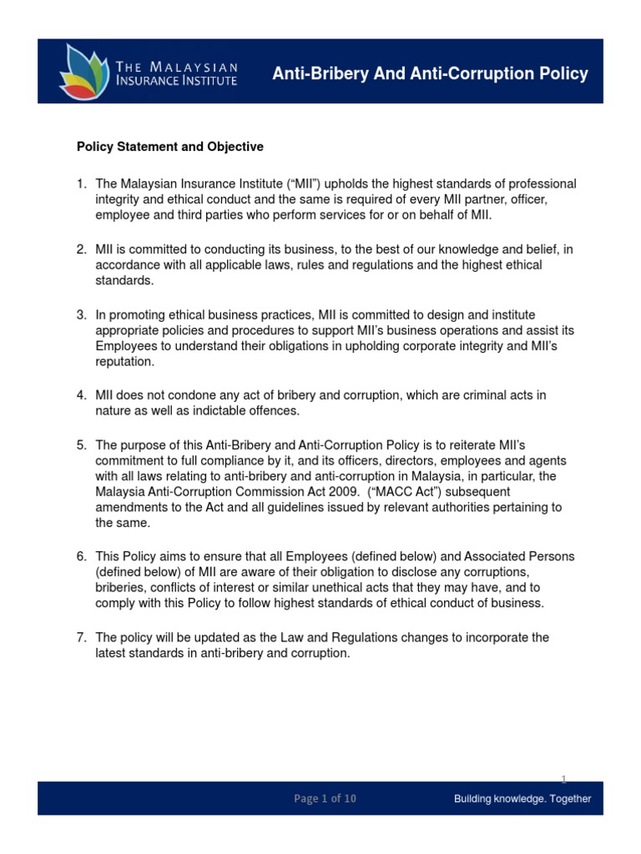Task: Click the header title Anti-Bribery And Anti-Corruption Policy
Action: (430, 74)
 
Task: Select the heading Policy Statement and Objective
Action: (170, 147)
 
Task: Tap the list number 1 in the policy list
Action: (81, 183)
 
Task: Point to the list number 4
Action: (81, 395)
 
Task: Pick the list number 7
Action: (81, 638)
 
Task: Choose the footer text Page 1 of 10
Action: (325, 798)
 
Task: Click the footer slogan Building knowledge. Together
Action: (522, 798)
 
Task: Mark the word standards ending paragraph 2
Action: (124, 281)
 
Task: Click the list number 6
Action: (81, 555)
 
